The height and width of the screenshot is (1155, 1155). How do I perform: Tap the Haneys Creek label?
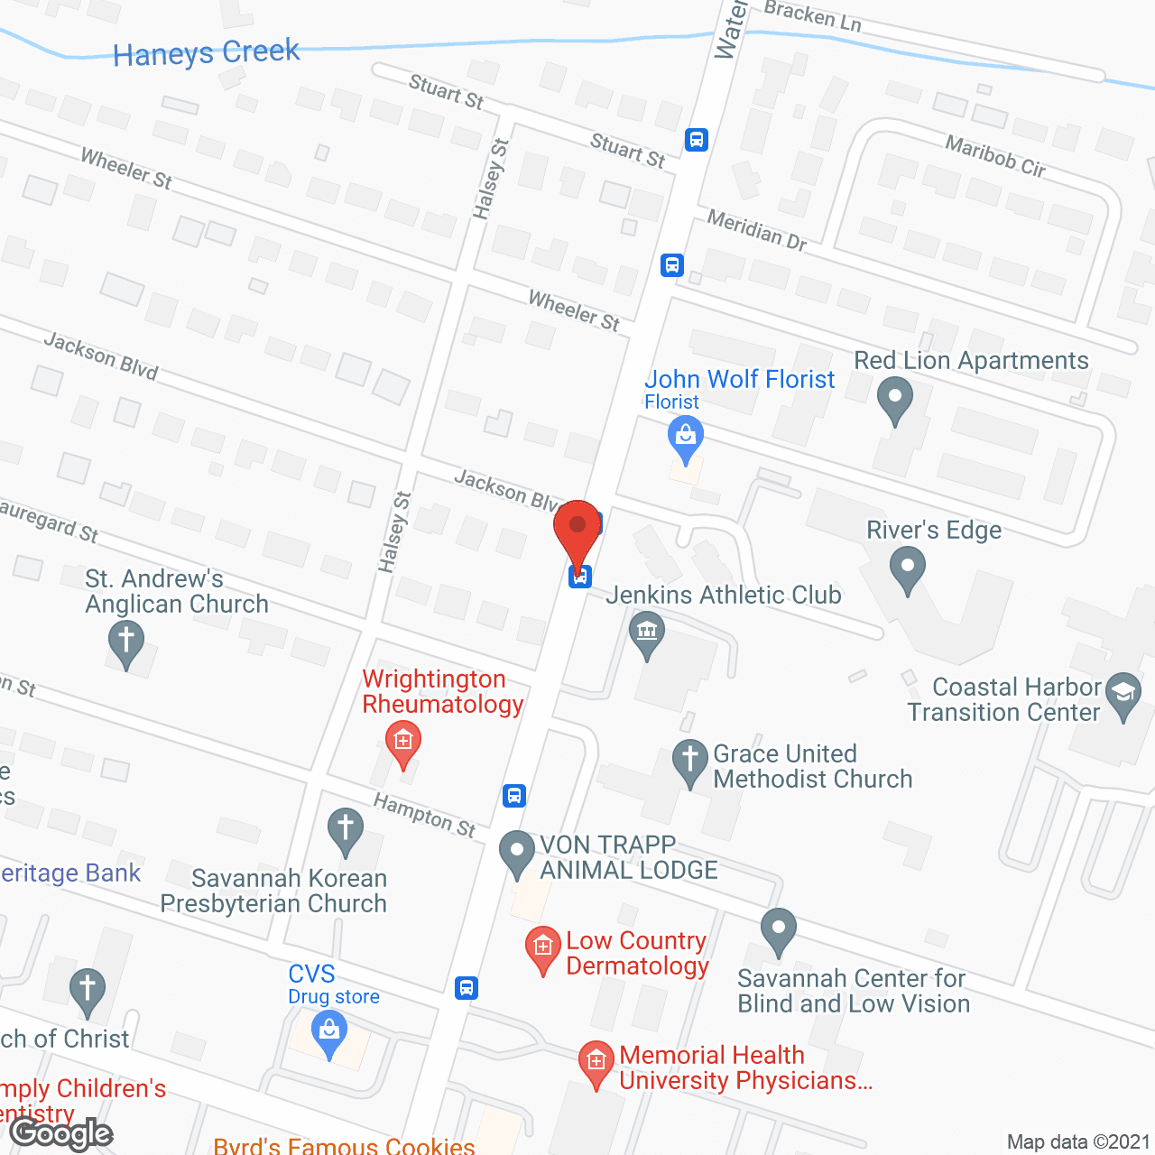click(x=206, y=53)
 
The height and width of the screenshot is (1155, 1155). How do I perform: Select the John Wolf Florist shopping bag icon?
click(x=686, y=439)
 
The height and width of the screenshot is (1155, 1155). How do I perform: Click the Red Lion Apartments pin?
click(x=895, y=398)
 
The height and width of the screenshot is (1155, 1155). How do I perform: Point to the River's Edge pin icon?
click(x=908, y=569)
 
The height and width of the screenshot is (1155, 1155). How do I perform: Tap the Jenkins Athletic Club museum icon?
click(x=647, y=632)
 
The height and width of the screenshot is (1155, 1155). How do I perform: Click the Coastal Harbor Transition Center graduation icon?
click(x=1123, y=694)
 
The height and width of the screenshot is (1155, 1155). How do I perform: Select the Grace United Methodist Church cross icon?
click(x=690, y=761)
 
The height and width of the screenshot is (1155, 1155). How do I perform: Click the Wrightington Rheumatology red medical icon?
click(x=402, y=743)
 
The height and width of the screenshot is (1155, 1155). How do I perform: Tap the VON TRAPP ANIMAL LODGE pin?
click(x=517, y=852)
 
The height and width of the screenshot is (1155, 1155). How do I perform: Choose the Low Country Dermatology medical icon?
click(x=543, y=947)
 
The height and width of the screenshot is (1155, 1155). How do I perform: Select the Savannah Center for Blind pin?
click(x=778, y=929)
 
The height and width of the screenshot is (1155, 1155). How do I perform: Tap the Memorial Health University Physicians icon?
click(x=596, y=1062)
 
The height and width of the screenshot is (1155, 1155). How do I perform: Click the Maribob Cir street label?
click(x=995, y=156)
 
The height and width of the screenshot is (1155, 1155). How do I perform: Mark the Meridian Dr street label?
click(x=756, y=229)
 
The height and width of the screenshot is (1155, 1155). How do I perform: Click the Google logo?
click(x=61, y=1133)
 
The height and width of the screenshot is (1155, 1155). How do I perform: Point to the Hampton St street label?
click(x=424, y=815)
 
